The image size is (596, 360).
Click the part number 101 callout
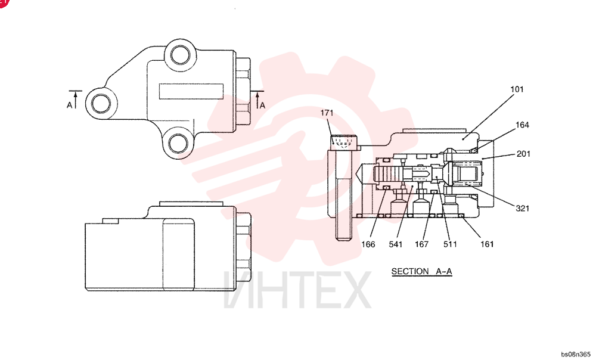point(517,89)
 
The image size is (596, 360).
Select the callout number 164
point(522,125)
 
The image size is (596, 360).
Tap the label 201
point(523,154)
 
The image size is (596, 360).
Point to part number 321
point(522,209)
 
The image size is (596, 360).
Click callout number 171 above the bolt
point(327,113)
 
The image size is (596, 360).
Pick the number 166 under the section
point(368,244)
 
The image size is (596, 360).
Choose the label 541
point(395,244)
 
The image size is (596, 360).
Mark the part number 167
point(421,244)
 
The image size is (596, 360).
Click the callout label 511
point(450,244)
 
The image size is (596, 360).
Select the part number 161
point(487,244)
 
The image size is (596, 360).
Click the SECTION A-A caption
point(422,271)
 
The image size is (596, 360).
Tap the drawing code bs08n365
point(576,354)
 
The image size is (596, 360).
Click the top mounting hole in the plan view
point(180,55)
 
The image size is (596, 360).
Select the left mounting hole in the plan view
point(101,103)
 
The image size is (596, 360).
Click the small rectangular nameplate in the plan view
point(191,92)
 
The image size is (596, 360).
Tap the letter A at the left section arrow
point(70,105)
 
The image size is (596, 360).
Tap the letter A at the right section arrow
point(262,105)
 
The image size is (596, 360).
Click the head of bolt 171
point(343,142)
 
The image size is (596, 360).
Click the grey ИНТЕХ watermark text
point(297,290)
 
